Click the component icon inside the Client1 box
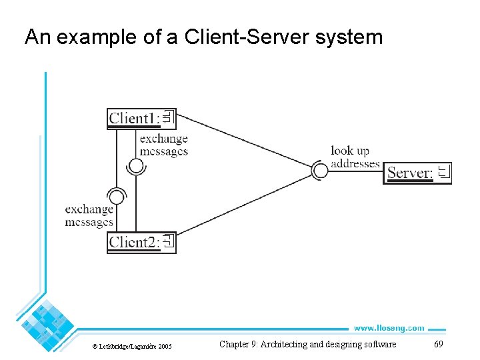pos(167,118)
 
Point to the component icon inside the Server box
pos(444,172)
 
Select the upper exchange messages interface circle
pos(136,165)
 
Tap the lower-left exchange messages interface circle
pos(117,197)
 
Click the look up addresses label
pos(355,157)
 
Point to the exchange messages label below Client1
pos(164,145)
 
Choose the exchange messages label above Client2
pos(89,216)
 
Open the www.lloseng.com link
pos(388,328)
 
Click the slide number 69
pos(438,345)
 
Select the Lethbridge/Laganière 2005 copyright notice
pos(131,346)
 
